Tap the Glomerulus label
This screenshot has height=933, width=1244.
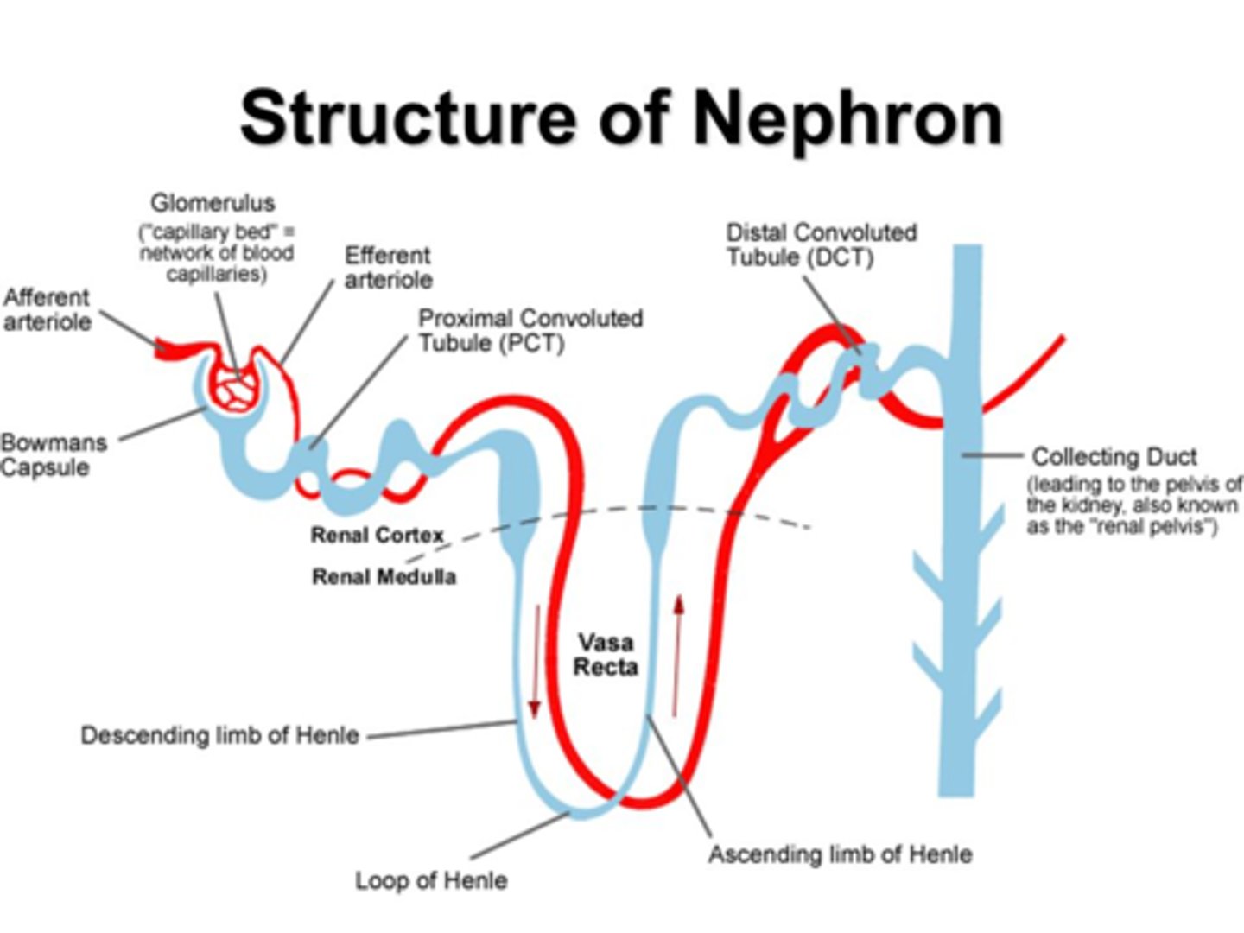(213, 203)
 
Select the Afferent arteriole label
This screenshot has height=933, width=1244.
(47, 309)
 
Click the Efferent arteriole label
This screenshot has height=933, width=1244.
(388, 268)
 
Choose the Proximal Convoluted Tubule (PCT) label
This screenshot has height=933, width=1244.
(530, 331)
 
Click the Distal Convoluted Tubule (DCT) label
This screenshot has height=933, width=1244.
(821, 245)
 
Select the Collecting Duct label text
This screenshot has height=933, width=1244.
(1114, 456)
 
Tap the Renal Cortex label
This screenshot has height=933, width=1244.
(377, 536)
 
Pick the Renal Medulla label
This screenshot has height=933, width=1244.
(384, 576)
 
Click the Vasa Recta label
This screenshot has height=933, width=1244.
(606, 655)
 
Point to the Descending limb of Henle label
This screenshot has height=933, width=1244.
(219, 735)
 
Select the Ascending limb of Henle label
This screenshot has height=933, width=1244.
(840, 854)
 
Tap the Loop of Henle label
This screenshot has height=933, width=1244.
(431, 880)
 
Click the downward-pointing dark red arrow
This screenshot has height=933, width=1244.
(535, 661)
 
